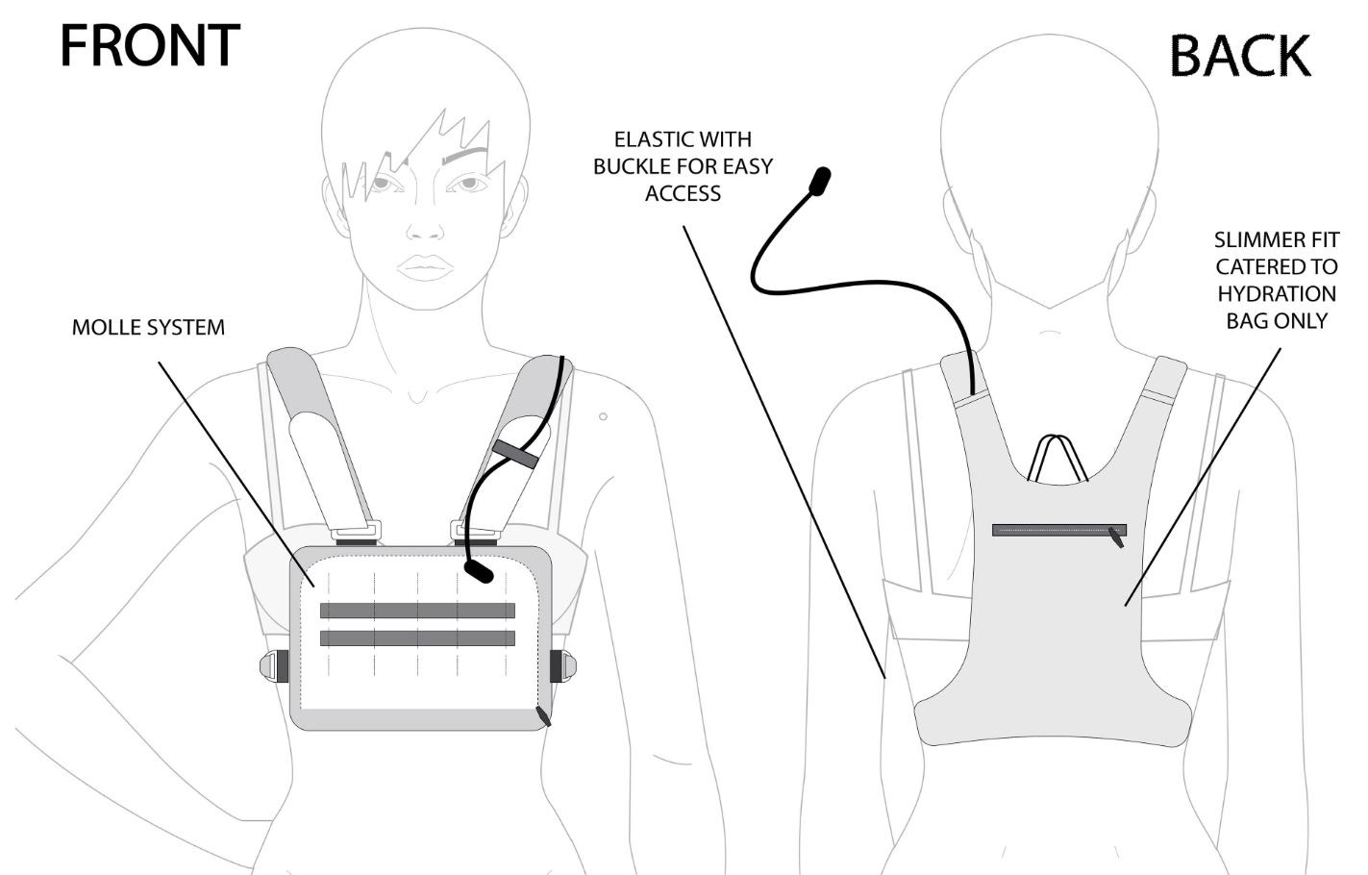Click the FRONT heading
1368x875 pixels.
coord(150,45)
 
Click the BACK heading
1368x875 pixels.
coord(1240,56)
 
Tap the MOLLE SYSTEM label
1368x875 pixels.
coord(148,327)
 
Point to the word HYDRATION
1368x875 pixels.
coord(1276,293)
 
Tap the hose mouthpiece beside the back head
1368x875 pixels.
coord(819,181)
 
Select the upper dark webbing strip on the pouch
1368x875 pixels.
coord(417,611)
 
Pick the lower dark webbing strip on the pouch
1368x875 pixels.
coord(417,637)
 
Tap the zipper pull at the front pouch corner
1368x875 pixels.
coord(544,716)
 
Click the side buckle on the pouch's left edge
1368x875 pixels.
coord(273,665)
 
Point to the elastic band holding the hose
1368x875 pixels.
coord(516,453)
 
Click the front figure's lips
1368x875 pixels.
coord(426,265)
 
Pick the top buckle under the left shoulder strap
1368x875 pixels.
coord(357,530)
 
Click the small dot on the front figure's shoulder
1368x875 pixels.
coord(603,416)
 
